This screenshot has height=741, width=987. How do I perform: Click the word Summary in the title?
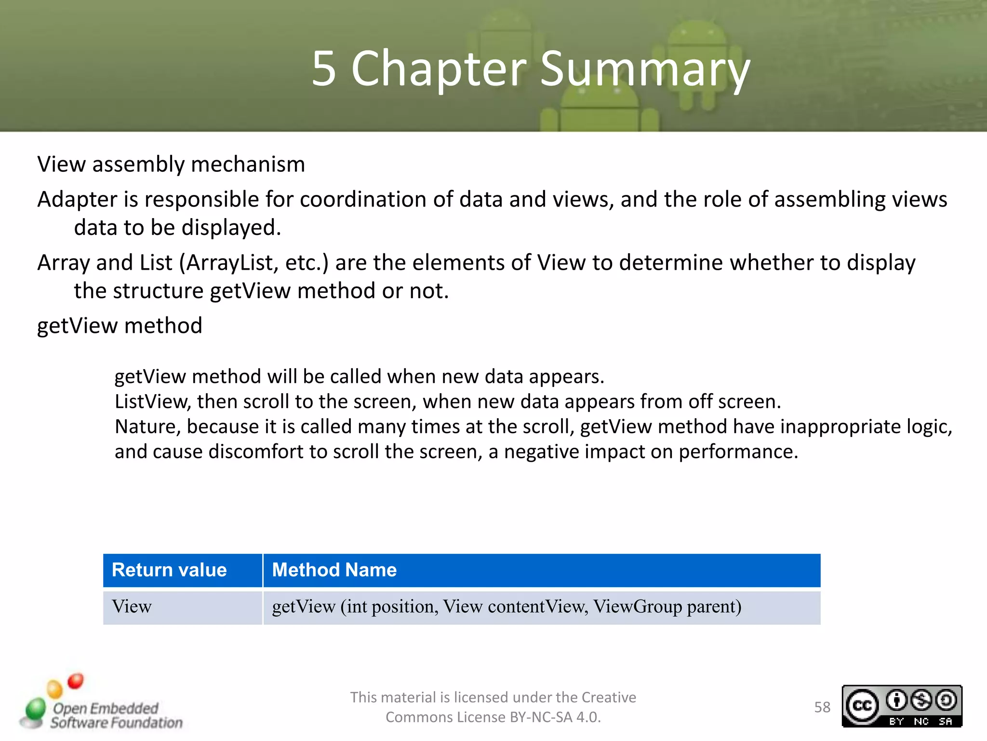point(644,69)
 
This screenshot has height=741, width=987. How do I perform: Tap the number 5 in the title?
point(323,69)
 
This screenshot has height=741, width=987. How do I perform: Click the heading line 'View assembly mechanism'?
point(171,165)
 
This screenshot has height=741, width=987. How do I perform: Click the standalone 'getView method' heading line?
point(120,326)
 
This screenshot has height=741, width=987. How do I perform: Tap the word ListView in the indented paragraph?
point(152,401)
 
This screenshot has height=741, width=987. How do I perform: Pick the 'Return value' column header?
point(169,570)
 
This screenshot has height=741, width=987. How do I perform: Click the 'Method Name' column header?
point(334,570)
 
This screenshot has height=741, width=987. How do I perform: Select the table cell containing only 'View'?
point(132,607)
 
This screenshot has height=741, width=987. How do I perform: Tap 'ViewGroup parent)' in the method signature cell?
point(667,607)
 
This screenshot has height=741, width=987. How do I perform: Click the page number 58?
point(822,707)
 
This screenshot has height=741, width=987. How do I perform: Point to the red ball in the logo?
point(76,681)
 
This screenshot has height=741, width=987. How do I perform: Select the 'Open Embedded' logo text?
point(106,708)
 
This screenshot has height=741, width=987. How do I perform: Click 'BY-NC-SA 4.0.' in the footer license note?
point(555,717)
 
